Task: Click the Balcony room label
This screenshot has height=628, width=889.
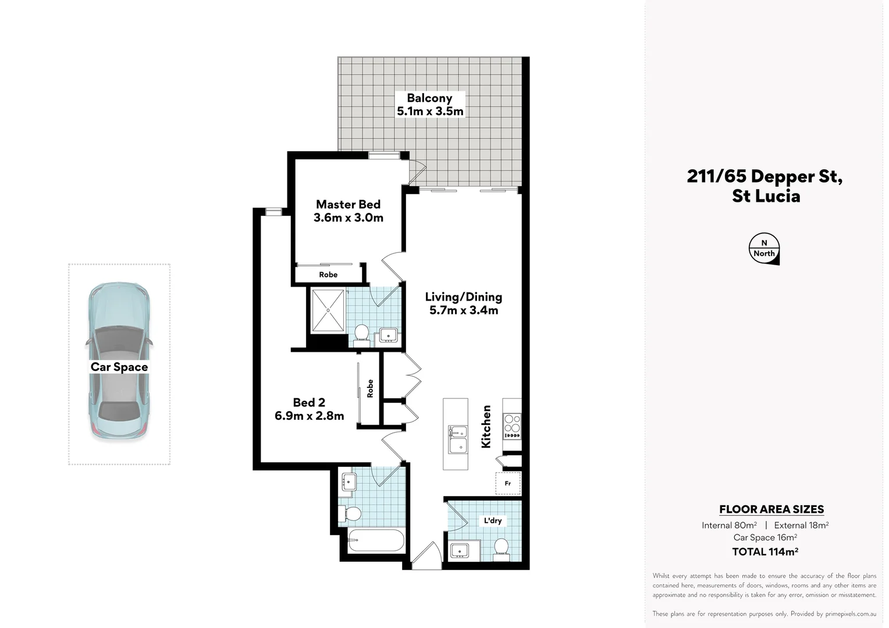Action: click(x=429, y=98)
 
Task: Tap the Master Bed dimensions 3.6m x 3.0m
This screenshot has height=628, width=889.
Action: click(x=348, y=218)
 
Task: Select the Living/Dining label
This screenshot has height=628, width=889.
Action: click(x=463, y=297)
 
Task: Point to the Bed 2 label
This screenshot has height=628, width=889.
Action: click(x=308, y=402)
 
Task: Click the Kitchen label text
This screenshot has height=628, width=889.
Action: click(x=486, y=426)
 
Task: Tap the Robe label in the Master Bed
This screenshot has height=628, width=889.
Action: click(x=328, y=274)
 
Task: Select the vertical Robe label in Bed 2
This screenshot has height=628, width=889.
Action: click(x=370, y=388)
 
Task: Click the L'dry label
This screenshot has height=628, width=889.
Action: click(x=493, y=520)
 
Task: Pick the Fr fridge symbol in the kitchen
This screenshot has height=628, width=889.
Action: click(x=508, y=483)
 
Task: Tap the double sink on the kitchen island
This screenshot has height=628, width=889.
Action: click(x=457, y=439)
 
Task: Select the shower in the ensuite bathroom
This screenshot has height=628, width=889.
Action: click(x=328, y=311)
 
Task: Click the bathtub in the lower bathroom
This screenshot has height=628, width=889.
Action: click(x=376, y=541)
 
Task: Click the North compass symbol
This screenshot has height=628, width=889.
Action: click(x=764, y=249)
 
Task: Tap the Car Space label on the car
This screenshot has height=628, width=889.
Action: click(x=119, y=367)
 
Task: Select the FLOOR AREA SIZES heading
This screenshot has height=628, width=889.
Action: click(x=771, y=509)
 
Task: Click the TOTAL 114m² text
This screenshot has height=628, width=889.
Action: click(x=764, y=552)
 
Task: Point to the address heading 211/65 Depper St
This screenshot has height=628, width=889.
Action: click(x=764, y=176)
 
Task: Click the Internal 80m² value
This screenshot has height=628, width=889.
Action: click(x=729, y=525)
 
